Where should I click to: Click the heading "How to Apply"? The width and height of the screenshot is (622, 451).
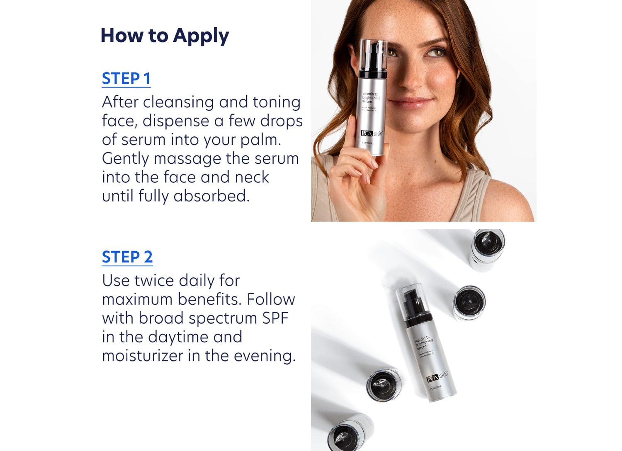(x=165, y=36)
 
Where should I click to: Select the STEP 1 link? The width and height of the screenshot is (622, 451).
(x=126, y=79)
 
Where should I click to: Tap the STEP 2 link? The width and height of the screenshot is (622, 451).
(x=127, y=257)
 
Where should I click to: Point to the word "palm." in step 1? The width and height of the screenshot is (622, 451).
(x=261, y=140)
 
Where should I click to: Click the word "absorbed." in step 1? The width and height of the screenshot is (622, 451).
(x=212, y=196)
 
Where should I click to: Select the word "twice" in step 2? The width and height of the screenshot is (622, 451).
(x=153, y=281)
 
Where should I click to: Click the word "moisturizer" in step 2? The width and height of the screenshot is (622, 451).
(x=143, y=356)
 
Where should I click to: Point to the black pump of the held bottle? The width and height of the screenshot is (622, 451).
(x=372, y=62)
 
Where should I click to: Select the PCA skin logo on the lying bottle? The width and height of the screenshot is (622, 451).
(x=437, y=377)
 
